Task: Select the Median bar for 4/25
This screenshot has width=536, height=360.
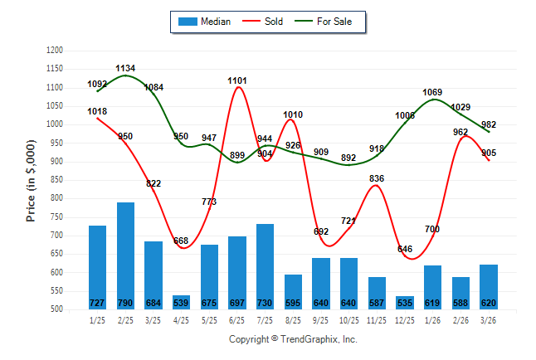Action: (181, 302)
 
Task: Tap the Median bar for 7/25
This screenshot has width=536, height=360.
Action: (266, 266)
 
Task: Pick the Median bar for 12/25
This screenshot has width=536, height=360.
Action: (405, 303)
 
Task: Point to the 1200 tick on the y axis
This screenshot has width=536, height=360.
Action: (55, 51)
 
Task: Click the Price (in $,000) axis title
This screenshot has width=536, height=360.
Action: (31, 180)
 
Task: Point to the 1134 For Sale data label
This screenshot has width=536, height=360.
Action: (125, 68)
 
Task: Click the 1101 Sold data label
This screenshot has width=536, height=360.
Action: (238, 80)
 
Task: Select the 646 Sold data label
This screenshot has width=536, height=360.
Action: (405, 249)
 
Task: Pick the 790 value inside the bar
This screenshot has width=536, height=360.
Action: (125, 303)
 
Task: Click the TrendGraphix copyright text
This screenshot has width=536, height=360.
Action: (292, 339)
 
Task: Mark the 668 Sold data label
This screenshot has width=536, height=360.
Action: (182, 241)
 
